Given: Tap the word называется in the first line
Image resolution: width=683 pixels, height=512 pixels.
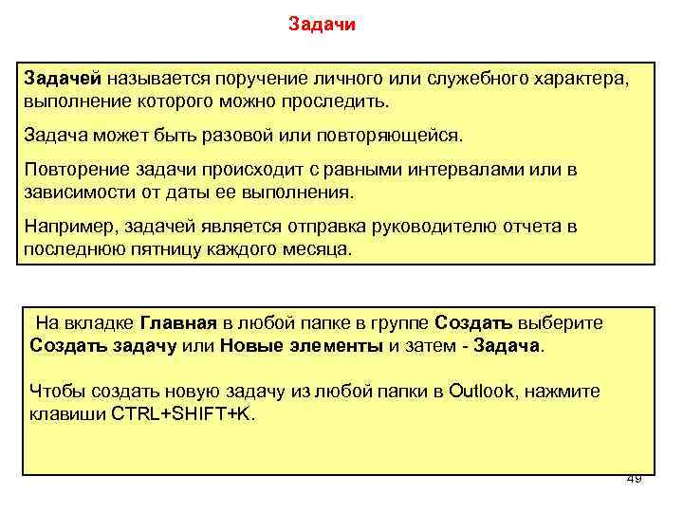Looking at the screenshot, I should point(159,75).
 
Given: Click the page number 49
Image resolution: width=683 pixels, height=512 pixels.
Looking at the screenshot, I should point(634,478).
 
